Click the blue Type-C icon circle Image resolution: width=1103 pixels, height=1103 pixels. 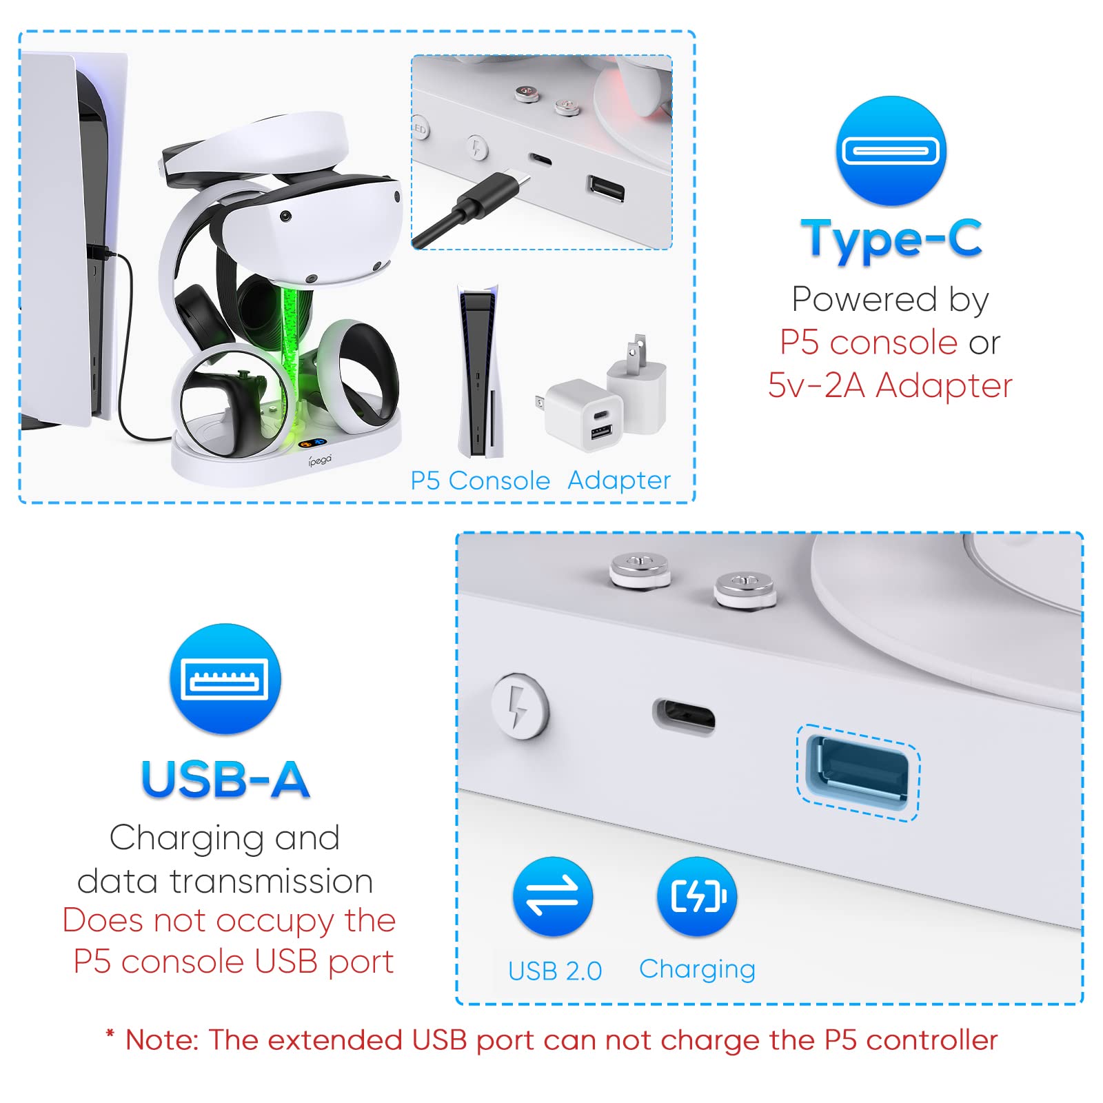891,151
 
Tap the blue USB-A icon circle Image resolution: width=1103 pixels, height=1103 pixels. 225,679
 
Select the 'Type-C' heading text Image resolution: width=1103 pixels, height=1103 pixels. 891,239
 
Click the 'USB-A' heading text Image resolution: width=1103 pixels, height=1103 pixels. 225,780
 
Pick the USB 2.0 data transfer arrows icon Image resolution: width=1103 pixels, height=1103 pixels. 552,896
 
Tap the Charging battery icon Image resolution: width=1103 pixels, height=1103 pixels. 697,896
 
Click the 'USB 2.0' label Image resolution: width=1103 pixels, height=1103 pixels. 555,971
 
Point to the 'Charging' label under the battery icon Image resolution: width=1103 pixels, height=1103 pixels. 697,969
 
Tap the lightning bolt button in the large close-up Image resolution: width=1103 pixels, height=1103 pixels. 520,707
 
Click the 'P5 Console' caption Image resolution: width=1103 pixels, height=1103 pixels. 480,480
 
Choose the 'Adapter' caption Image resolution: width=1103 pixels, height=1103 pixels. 618,480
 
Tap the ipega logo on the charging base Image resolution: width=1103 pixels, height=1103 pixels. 320,460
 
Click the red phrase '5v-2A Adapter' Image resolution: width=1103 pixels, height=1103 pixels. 890,385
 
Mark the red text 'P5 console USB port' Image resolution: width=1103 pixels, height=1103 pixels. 234,962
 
